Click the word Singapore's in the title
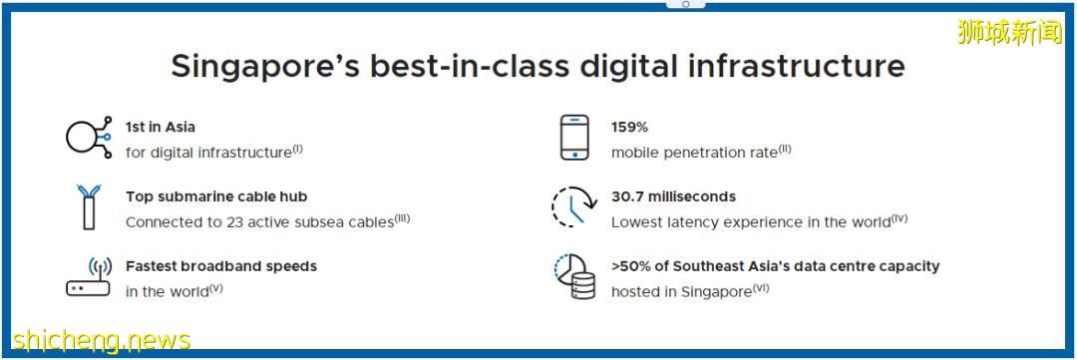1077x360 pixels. click(263, 67)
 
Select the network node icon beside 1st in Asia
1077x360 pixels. click(89, 138)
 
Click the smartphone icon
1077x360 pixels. click(574, 138)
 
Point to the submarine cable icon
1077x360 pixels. click(89, 206)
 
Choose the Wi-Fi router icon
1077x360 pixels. click(89, 276)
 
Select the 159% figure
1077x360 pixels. click(630, 127)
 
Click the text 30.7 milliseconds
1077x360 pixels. click(673, 196)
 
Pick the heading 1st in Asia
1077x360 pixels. click(160, 127)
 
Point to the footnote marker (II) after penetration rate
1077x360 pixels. click(785, 149)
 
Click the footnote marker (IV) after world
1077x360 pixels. click(899, 218)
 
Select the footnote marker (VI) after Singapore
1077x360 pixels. click(760, 288)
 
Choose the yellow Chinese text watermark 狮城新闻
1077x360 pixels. click(1009, 32)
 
